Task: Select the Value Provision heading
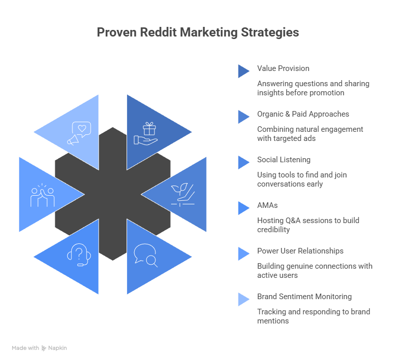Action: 283,68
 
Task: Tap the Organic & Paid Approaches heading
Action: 303,114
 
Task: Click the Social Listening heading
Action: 284,160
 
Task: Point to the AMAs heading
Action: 267,205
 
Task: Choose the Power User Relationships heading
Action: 300,251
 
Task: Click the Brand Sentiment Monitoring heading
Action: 304,297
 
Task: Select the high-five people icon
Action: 43,196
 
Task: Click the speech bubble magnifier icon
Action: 145,256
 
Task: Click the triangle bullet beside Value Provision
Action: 243,71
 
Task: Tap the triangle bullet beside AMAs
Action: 243,208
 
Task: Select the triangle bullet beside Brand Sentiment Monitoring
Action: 243,299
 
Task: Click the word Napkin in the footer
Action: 58,348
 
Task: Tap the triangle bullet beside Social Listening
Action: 243,162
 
